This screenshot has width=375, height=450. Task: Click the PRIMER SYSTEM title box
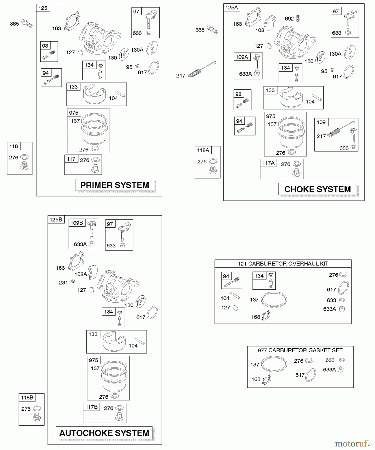tap(115, 185)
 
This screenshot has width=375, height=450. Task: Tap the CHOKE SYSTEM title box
tap(317, 189)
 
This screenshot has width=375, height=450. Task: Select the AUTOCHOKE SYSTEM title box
tap(104, 433)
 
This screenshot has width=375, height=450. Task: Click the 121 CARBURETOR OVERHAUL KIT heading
tap(283, 264)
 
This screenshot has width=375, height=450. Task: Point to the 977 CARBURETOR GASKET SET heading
tap(300, 350)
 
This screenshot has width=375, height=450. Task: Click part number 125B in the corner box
tap(56, 219)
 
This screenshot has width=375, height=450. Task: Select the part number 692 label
tap(289, 19)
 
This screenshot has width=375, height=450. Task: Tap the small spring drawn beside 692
tap(298, 18)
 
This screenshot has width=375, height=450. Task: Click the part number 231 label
tap(63, 283)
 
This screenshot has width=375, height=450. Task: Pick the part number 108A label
tap(81, 274)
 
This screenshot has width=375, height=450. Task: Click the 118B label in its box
tap(27, 397)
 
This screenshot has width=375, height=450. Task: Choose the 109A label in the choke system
tap(242, 57)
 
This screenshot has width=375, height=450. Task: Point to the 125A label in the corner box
tap(231, 7)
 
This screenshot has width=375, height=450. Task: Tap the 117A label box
tap(268, 163)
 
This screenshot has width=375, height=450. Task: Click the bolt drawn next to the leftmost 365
tap(27, 23)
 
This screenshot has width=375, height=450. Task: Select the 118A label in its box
tap(203, 150)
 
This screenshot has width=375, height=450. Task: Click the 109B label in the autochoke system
tap(76, 223)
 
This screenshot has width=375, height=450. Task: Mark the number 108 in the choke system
tap(260, 30)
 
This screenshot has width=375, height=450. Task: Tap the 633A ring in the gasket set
tap(340, 369)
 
